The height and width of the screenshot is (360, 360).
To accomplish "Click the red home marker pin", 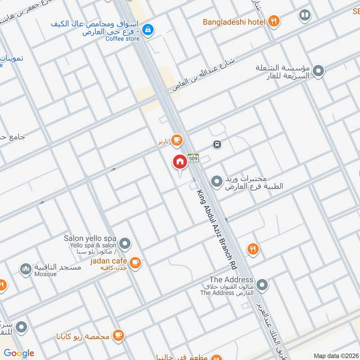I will [x=180, y=162].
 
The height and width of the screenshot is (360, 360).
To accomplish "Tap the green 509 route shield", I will [x=193, y=158].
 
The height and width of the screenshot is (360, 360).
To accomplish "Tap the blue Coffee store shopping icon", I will [x=147, y=30].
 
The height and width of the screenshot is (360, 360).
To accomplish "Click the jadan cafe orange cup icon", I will [x=135, y=262].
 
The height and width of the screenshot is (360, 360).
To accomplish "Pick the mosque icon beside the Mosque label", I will [x=26, y=270].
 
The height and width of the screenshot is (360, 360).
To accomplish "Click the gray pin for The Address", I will [x=262, y=285].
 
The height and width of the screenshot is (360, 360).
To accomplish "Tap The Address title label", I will [x=231, y=280].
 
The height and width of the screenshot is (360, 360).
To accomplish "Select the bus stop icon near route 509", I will [x=217, y=144].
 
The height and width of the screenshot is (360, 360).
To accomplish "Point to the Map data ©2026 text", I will [x=335, y=355].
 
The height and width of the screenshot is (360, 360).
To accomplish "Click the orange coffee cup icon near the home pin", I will [x=177, y=140].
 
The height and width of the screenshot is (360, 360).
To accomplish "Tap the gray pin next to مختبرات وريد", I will [x=217, y=181].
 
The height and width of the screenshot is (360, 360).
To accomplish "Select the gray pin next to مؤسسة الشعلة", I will [x=319, y=71].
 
